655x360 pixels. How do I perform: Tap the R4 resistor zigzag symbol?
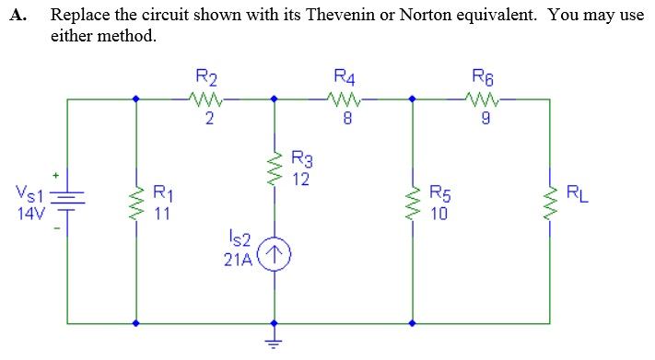(343, 97)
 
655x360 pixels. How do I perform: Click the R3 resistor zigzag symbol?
(274, 168)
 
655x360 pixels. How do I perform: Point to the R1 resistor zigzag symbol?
(136, 202)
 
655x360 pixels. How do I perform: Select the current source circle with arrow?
(274, 253)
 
